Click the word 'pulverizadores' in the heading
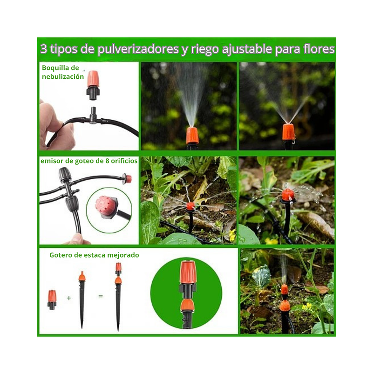pos(138,49)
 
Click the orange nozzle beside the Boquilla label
pos(93,84)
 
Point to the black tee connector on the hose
pos(93,117)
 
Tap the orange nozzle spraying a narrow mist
pos(192,135)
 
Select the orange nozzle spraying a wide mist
pos(288,132)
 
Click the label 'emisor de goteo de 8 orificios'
pos(89,161)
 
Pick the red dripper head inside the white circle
pos(105,205)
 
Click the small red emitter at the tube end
pos(127,179)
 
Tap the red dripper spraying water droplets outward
pos(288,195)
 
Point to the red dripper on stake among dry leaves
pos(190,206)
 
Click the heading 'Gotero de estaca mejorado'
pos(94,255)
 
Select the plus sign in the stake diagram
pos(68,297)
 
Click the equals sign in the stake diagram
pos(101,296)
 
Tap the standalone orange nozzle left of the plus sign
pos(52,299)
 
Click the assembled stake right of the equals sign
pos(118,296)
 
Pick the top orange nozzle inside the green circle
pos(188,272)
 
